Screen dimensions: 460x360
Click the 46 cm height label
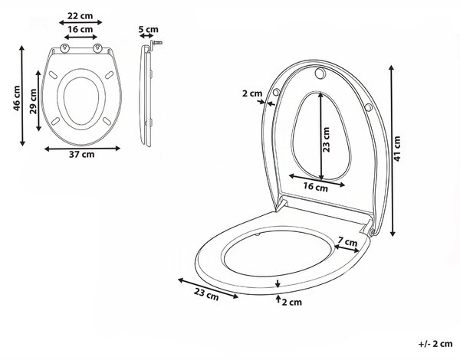(17, 98)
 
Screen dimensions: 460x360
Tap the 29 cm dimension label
(33, 101)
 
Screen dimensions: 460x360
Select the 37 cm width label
(82, 155)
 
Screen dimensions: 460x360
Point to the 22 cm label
(80, 16)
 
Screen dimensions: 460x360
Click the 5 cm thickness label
(148, 30)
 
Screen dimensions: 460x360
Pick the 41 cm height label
(396, 149)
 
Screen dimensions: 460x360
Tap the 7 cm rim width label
(347, 242)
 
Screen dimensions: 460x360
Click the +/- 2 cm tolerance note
(435, 344)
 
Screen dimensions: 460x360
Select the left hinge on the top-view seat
(64, 48)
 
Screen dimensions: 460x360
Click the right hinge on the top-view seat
(97, 48)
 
